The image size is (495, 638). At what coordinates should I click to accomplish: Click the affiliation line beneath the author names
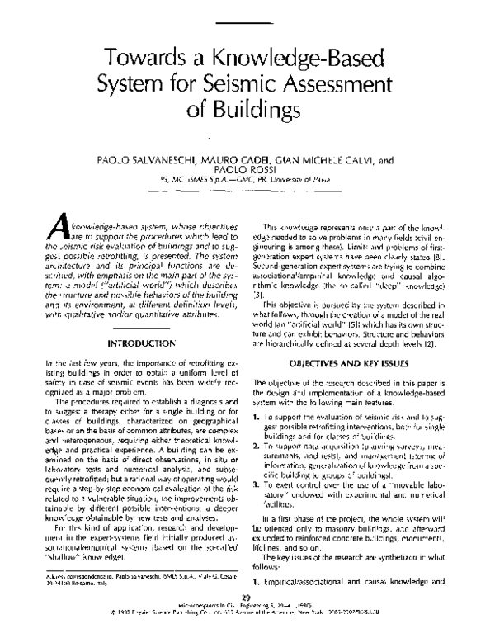(247, 183)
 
